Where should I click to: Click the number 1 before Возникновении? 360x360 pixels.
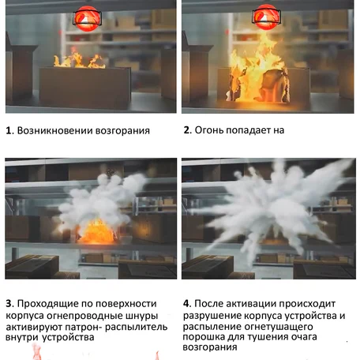coord(8,130)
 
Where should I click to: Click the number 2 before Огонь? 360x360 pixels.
coord(187,130)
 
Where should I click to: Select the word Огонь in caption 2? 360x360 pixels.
coord(214,130)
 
